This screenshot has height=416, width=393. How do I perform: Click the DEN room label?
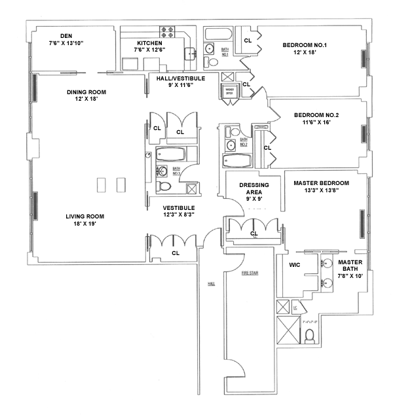pos(65,36)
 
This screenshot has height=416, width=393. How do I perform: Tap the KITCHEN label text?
pos(149,43)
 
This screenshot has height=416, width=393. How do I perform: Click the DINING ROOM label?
pos(86,92)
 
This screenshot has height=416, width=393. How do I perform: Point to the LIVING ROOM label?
pos(84,217)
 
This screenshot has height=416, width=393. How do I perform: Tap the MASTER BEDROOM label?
pos(322,183)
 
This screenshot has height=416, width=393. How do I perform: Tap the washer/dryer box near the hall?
pos(230,92)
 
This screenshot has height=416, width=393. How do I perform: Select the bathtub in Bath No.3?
pos(172,155)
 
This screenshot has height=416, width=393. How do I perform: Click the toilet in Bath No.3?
pos(164,187)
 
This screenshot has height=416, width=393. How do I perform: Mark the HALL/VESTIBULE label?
pos(181,78)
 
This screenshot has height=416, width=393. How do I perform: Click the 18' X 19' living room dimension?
pos(84,224)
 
